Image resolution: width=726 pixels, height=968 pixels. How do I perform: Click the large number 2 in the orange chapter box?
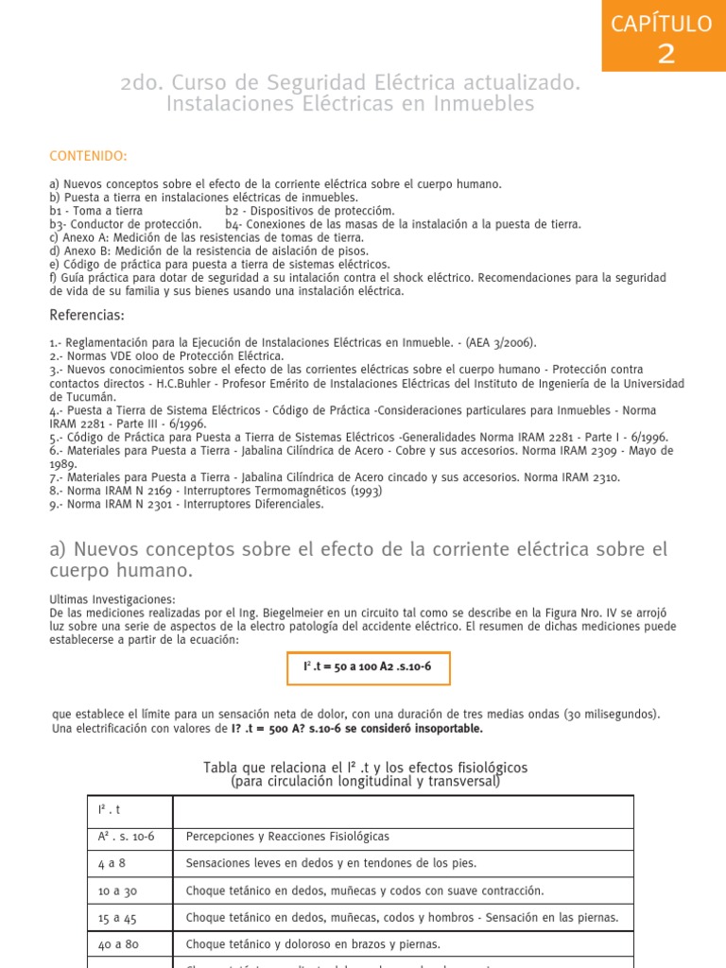point(666,54)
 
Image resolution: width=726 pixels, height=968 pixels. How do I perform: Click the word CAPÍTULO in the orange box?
point(666,24)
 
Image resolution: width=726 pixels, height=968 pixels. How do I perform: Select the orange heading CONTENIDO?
point(88,156)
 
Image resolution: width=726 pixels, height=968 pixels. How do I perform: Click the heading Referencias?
point(86,315)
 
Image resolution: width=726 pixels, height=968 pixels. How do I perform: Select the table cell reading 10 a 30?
point(117,890)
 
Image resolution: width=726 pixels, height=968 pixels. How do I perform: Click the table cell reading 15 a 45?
point(117,917)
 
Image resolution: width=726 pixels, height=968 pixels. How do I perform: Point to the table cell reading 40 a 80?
point(117,943)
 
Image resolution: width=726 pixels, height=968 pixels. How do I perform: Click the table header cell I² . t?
point(111,810)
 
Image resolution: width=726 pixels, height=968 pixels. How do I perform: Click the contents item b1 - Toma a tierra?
point(96,211)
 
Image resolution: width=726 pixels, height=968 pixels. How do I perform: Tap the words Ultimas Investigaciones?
point(112,600)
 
